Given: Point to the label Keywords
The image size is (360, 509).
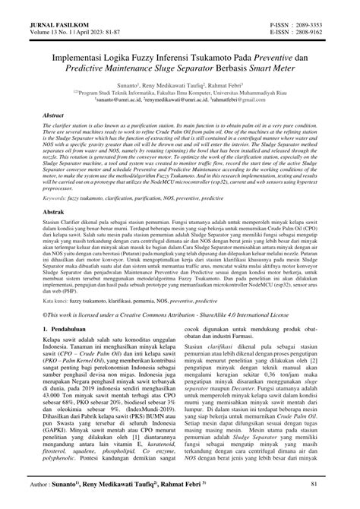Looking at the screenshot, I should click(58, 197).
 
